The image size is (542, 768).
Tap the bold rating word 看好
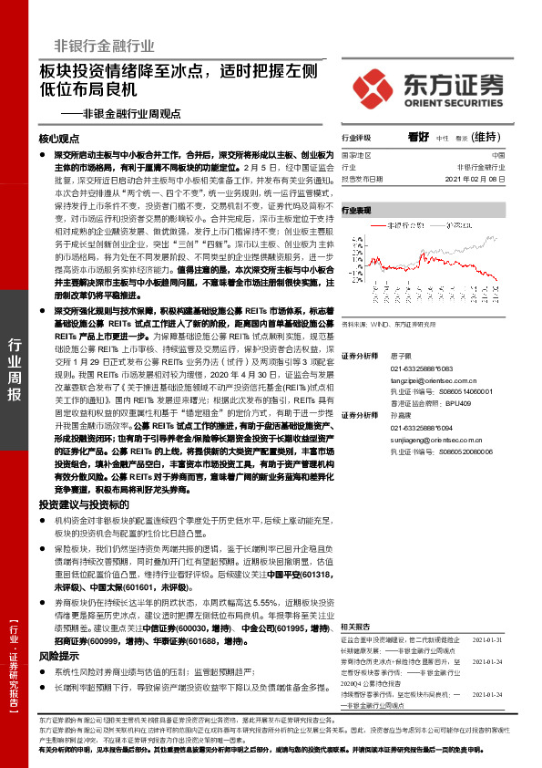click(418, 137)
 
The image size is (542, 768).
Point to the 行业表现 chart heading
click(357, 210)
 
